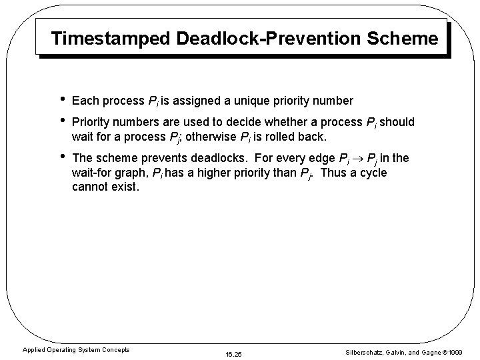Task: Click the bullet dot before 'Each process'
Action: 61,100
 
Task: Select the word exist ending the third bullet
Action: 124,187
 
